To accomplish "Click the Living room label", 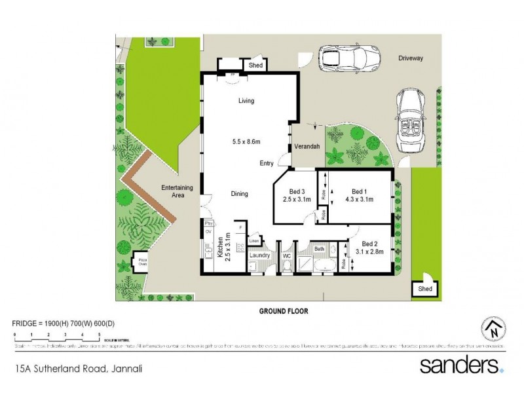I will click(x=246, y=101).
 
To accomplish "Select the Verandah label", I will click(x=306, y=146).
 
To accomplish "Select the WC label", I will click(x=287, y=255).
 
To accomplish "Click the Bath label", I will click(x=319, y=249).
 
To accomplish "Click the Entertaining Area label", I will click(x=178, y=191).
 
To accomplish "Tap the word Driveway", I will click(x=411, y=58).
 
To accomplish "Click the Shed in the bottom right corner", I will click(x=426, y=289).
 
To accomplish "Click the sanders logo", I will click(x=461, y=365).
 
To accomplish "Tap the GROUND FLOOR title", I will click(x=283, y=311).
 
